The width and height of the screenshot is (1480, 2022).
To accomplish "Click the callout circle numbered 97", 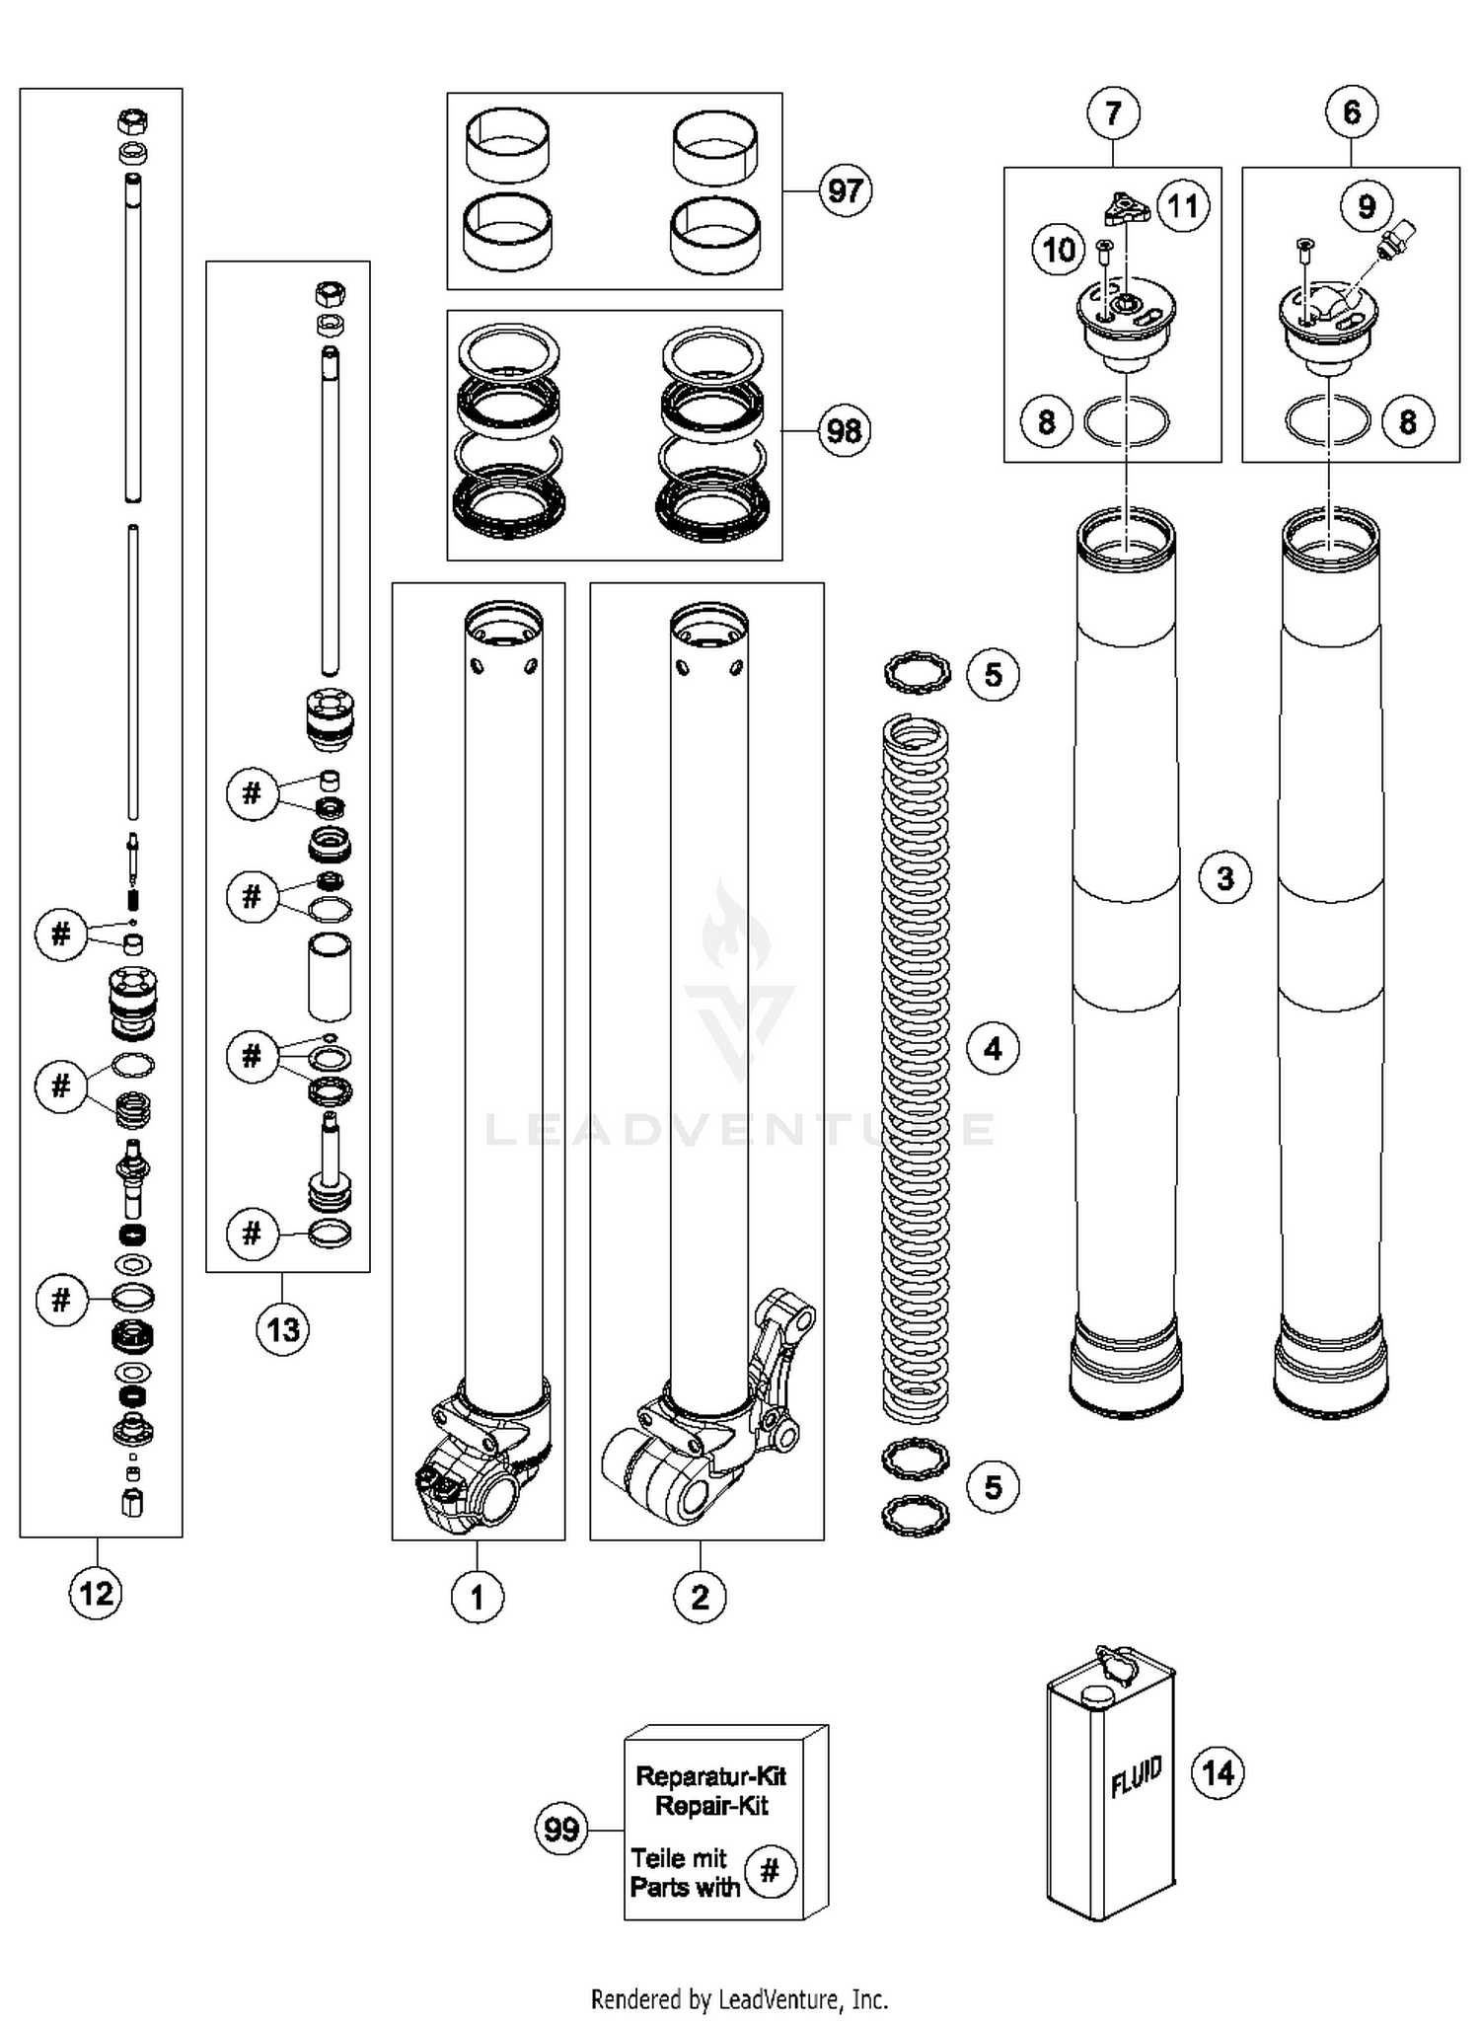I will (845, 189).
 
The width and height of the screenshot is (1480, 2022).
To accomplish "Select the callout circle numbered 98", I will (844, 431).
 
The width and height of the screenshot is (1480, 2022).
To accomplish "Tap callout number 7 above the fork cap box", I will (1113, 112).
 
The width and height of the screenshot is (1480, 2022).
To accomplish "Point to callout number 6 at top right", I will (1351, 112).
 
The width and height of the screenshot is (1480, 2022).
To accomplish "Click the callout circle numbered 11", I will (1182, 205).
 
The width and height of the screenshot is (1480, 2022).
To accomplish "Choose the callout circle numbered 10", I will (1059, 249).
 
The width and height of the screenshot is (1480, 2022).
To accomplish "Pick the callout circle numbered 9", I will (1366, 205).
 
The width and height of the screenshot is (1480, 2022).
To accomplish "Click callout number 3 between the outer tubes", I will (1224, 877).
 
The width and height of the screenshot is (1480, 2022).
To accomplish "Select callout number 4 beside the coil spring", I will (993, 1048).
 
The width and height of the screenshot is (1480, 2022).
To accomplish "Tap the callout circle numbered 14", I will (1218, 1773).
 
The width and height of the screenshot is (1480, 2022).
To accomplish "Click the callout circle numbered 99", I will (561, 1830).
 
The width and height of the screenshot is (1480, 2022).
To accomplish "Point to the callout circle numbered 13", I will (283, 1329).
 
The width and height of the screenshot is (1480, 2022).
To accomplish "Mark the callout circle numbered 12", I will (96, 1593).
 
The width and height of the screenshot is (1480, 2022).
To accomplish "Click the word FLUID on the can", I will (1136, 1777).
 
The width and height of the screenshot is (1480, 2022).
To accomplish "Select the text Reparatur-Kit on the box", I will (710, 1776).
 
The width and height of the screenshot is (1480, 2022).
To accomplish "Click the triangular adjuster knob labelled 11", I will (1121, 208).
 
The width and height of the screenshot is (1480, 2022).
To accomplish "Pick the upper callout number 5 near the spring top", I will (993, 675).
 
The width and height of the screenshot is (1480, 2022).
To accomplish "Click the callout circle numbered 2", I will (700, 1596).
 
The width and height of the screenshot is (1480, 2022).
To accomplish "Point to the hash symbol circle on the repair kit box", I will (771, 1871).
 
